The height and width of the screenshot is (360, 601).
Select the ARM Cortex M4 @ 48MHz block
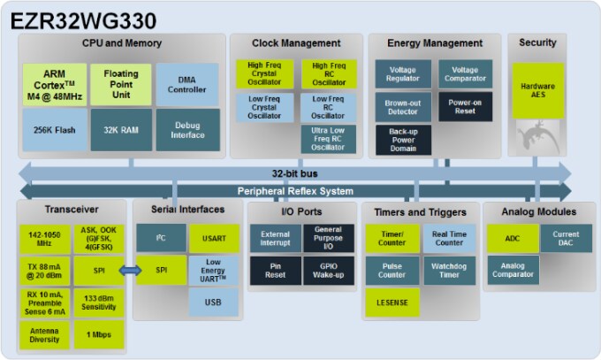(55, 84)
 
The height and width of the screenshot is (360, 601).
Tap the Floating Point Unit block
(121, 84)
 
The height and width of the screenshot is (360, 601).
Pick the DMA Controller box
(187, 84)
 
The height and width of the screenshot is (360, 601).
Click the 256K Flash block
(55, 129)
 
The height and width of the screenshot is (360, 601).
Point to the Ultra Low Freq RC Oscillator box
(328, 141)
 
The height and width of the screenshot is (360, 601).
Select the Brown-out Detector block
(402, 107)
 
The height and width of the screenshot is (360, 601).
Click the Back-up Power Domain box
(402, 140)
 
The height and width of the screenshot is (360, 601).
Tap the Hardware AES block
(536, 89)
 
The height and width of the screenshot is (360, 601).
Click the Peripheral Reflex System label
(295, 191)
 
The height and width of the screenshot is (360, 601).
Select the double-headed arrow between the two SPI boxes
(130, 270)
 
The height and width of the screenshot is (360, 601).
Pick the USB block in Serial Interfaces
(213, 303)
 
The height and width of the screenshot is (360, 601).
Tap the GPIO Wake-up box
(328, 270)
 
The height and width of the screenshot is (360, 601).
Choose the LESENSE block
(392, 303)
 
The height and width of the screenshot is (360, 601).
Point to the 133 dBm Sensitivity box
(98, 303)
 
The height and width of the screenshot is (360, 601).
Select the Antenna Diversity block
(44, 334)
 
